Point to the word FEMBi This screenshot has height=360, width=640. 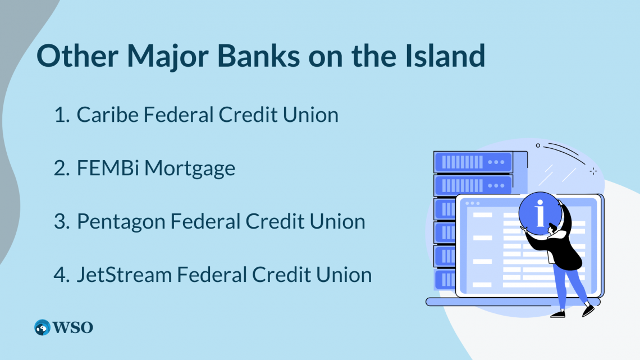pos(108,168)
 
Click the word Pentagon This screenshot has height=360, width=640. pos(120,222)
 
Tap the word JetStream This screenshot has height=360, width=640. pos(124,274)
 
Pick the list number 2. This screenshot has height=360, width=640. pos(62,168)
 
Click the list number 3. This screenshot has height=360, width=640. pos(62,222)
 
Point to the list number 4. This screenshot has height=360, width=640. pos(62,275)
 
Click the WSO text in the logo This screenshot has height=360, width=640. pos(72,327)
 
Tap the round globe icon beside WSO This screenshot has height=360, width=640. pos(42,327)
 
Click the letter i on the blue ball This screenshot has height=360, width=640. pos(540,213)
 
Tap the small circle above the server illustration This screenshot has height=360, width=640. pos(538,145)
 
